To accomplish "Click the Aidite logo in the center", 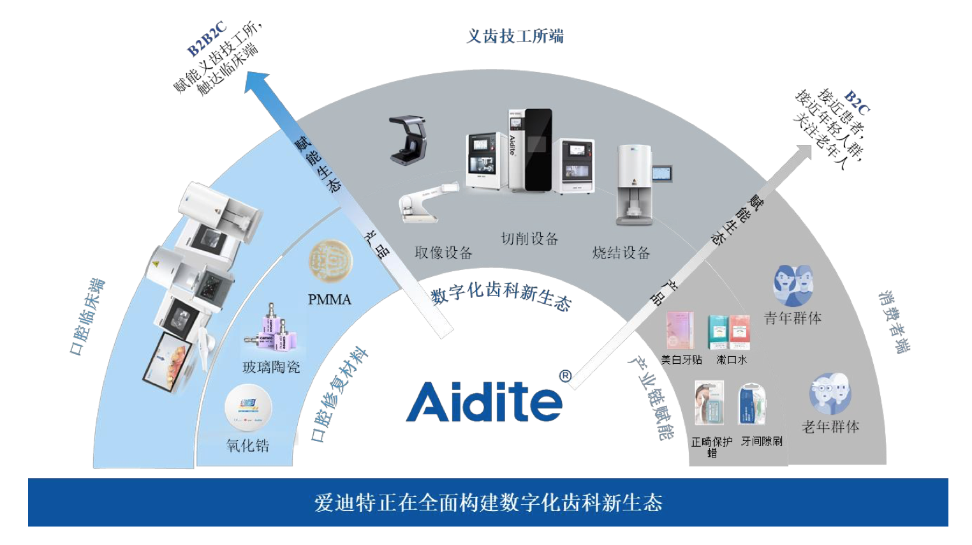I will (x=483, y=401).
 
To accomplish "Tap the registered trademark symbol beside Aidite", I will (x=565, y=377).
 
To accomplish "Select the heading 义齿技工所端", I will (x=515, y=36).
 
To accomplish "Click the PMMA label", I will (x=329, y=299).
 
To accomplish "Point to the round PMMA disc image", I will (x=330, y=262).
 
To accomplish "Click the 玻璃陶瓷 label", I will (x=271, y=367).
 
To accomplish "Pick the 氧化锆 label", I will (x=247, y=445).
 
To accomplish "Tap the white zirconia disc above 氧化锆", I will (x=248, y=408).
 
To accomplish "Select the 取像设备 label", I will (x=443, y=253).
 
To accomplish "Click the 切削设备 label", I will (x=529, y=239).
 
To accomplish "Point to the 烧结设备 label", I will (x=621, y=253).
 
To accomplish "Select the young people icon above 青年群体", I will (x=793, y=285).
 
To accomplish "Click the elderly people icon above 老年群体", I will (x=830, y=394).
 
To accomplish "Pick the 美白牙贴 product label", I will (x=681, y=360).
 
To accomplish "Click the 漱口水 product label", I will (x=731, y=360).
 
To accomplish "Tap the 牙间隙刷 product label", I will (x=761, y=441).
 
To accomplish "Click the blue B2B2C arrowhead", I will (x=258, y=83).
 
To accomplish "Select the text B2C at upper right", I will (x=856, y=102).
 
